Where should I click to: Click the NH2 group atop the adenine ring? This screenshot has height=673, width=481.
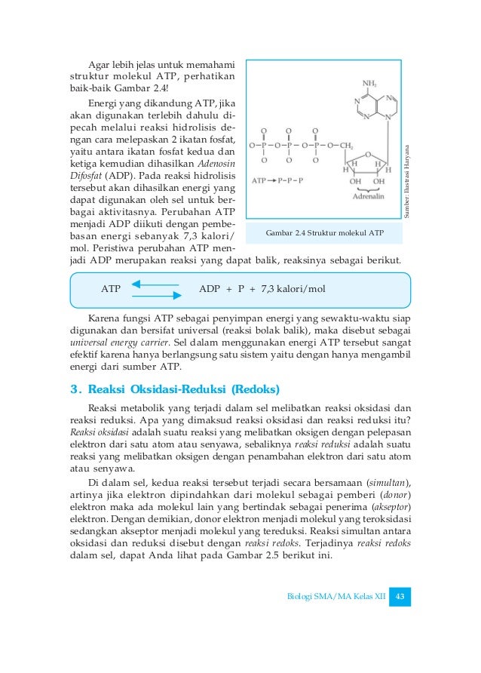370,84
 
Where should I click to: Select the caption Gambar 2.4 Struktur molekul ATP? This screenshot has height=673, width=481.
326,233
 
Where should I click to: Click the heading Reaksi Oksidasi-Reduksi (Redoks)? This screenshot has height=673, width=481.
184,390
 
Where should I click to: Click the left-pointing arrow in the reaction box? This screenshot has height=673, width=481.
155,284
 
